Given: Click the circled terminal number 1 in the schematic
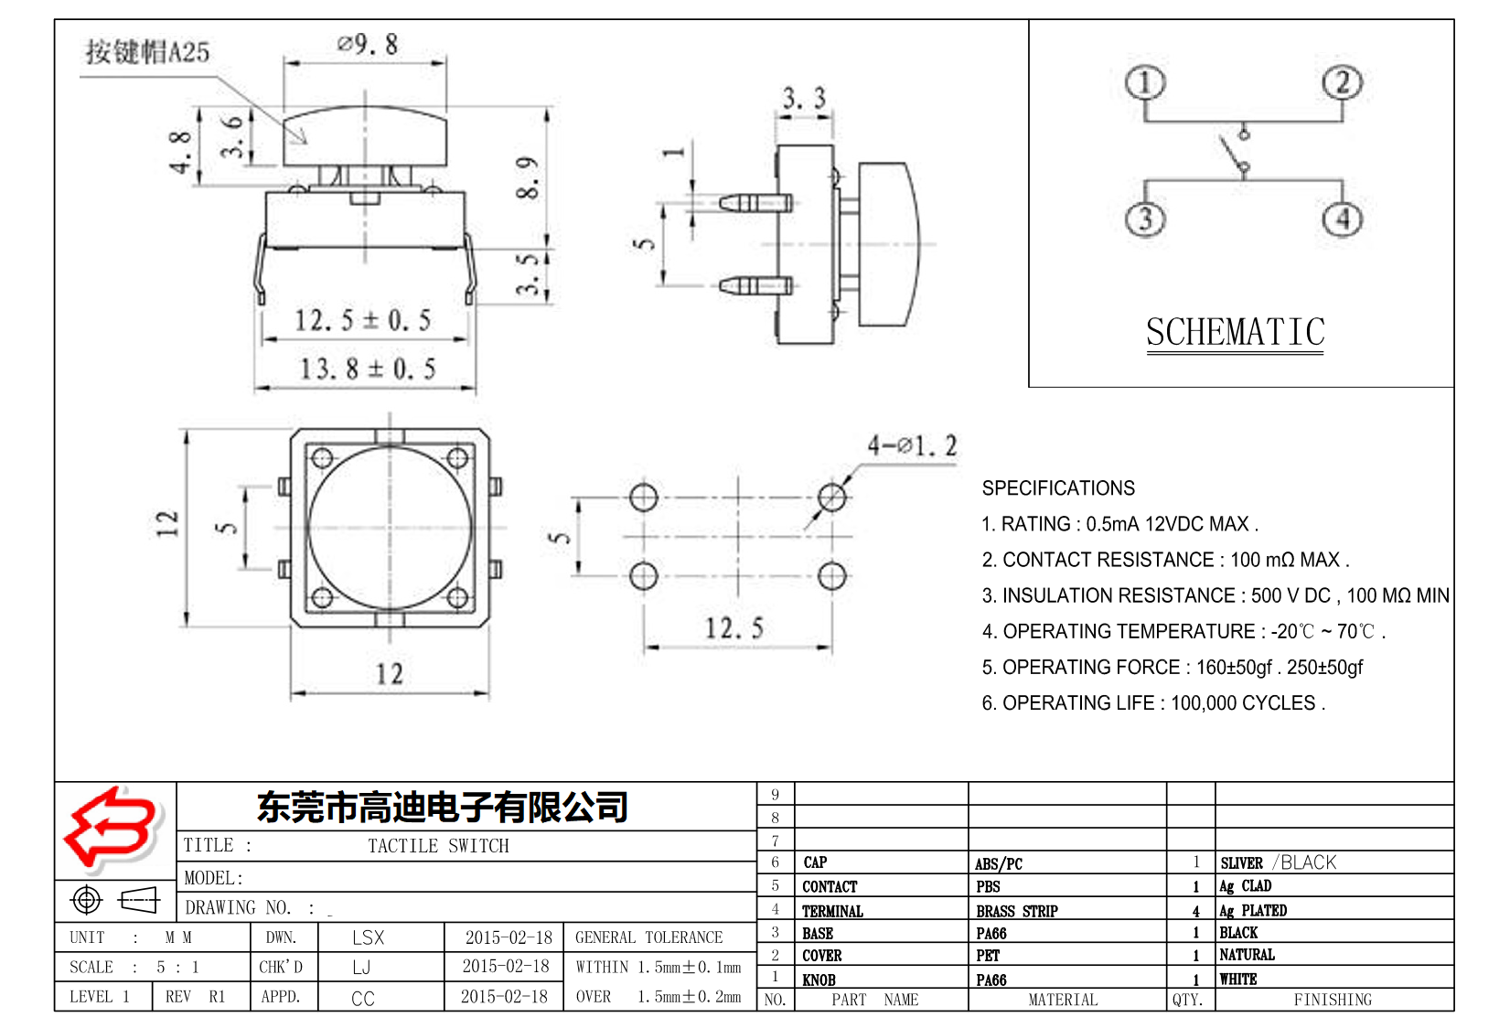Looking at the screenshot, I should point(1144,83).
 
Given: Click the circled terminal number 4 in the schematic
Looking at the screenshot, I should point(1342,219).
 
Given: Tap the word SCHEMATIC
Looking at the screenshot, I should point(1235,332).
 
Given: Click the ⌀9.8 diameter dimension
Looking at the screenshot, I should point(368,44).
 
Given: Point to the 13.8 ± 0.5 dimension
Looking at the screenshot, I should point(368,369).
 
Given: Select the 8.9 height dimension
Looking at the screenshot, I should point(528,177).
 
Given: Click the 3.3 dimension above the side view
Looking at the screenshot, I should point(804,98).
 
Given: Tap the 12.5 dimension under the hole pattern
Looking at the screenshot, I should point(734,628).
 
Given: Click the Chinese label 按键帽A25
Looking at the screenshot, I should point(147,51).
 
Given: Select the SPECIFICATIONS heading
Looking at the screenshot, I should point(1057,488).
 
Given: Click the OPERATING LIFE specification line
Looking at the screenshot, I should point(1152,703).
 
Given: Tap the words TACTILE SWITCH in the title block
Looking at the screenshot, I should point(438,846).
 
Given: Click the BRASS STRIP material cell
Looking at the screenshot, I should point(1016,911).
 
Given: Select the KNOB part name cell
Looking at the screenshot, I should point(819,980).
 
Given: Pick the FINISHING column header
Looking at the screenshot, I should point(1332,1000).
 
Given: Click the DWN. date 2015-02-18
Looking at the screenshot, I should point(509,937).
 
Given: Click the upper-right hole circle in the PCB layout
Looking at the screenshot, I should point(831,498).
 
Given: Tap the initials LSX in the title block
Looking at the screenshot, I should point(368,937).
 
